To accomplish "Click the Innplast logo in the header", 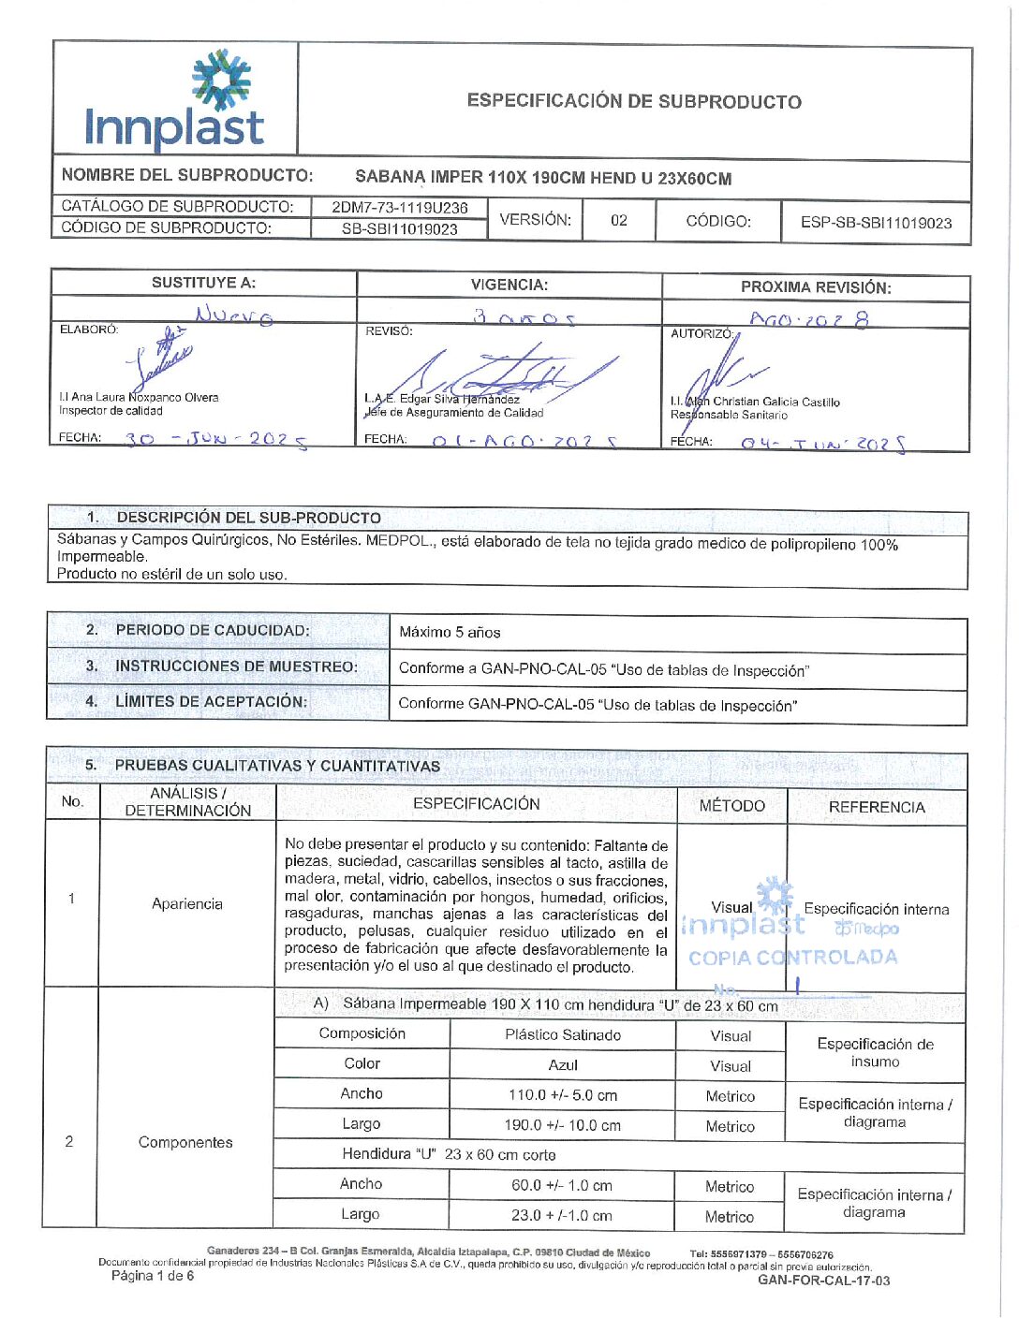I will click(175, 100).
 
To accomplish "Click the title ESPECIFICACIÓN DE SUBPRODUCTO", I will click(634, 101).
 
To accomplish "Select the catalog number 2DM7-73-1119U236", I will click(400, 208).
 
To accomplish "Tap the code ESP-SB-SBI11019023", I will click(876, 223).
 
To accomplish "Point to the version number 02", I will click(619, 221).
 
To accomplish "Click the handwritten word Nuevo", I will click(234, 315).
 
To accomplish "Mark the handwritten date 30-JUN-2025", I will click(215, 438).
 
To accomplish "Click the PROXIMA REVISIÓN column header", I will click(816, 287).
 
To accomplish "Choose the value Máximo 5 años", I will click(450, 632).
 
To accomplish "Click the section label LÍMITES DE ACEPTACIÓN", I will click(211, 701).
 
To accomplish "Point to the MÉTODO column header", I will click(731, 806).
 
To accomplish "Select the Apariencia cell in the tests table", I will click(187, 903).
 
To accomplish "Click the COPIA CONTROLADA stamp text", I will click(792, 958).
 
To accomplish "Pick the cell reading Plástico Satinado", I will click(563, 1034).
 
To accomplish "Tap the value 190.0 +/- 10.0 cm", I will click(563, 1125).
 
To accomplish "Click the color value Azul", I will click(563, 1064).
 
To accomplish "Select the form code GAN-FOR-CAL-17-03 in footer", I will click(823, 1280).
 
